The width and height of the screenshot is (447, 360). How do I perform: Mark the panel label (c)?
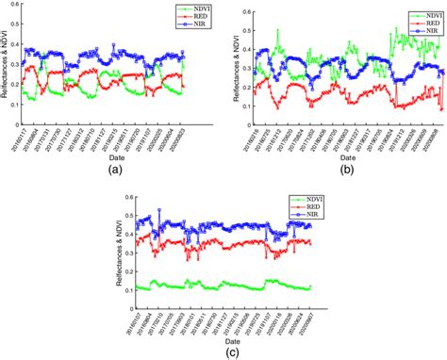(x=226, y=352)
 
